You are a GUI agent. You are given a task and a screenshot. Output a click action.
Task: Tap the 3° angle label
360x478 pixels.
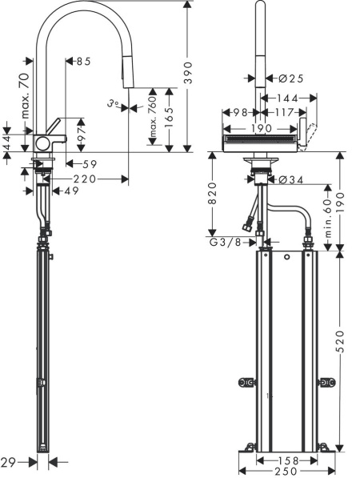pyautogui.click(x=115, y=102)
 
